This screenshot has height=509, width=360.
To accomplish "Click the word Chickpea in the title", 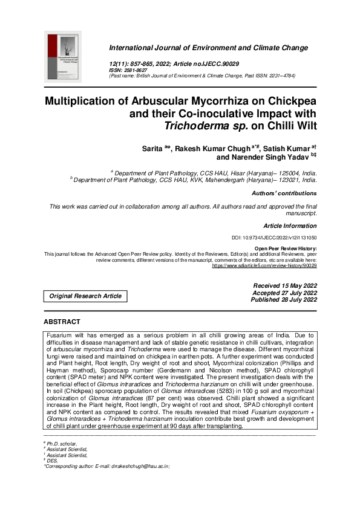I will pyautogui.click(x=288, y=100).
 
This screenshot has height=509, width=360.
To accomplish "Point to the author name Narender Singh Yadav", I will pyautogui.click(x=272, y=156).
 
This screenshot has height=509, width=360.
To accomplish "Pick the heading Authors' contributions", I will pyautogui.click(x=284, y=193).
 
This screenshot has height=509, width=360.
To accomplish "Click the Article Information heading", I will pyautogui.click(x=290, y=225).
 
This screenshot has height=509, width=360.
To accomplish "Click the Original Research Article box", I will pyautogui.click(x=85, y=296).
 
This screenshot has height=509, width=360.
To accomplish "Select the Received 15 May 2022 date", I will pyautogui.click(x=284, y=285).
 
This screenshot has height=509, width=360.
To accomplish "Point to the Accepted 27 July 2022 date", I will pyautogui.click(x=284, y=293).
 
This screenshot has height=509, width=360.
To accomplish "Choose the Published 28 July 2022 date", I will pyautogui.click(x=284, y=299).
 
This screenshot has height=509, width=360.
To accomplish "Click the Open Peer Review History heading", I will pyautogui.click(x=286, y=248).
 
